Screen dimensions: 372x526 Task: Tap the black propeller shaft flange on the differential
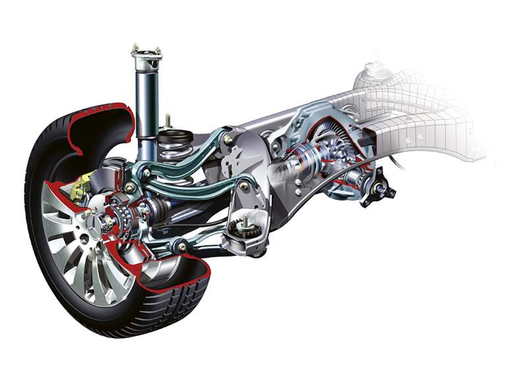(378, 190)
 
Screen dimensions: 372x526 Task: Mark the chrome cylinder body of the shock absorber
(146, 103)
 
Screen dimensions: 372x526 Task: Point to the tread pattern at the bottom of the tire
(179, 302)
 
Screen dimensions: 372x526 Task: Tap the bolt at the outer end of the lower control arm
(182, 247)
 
